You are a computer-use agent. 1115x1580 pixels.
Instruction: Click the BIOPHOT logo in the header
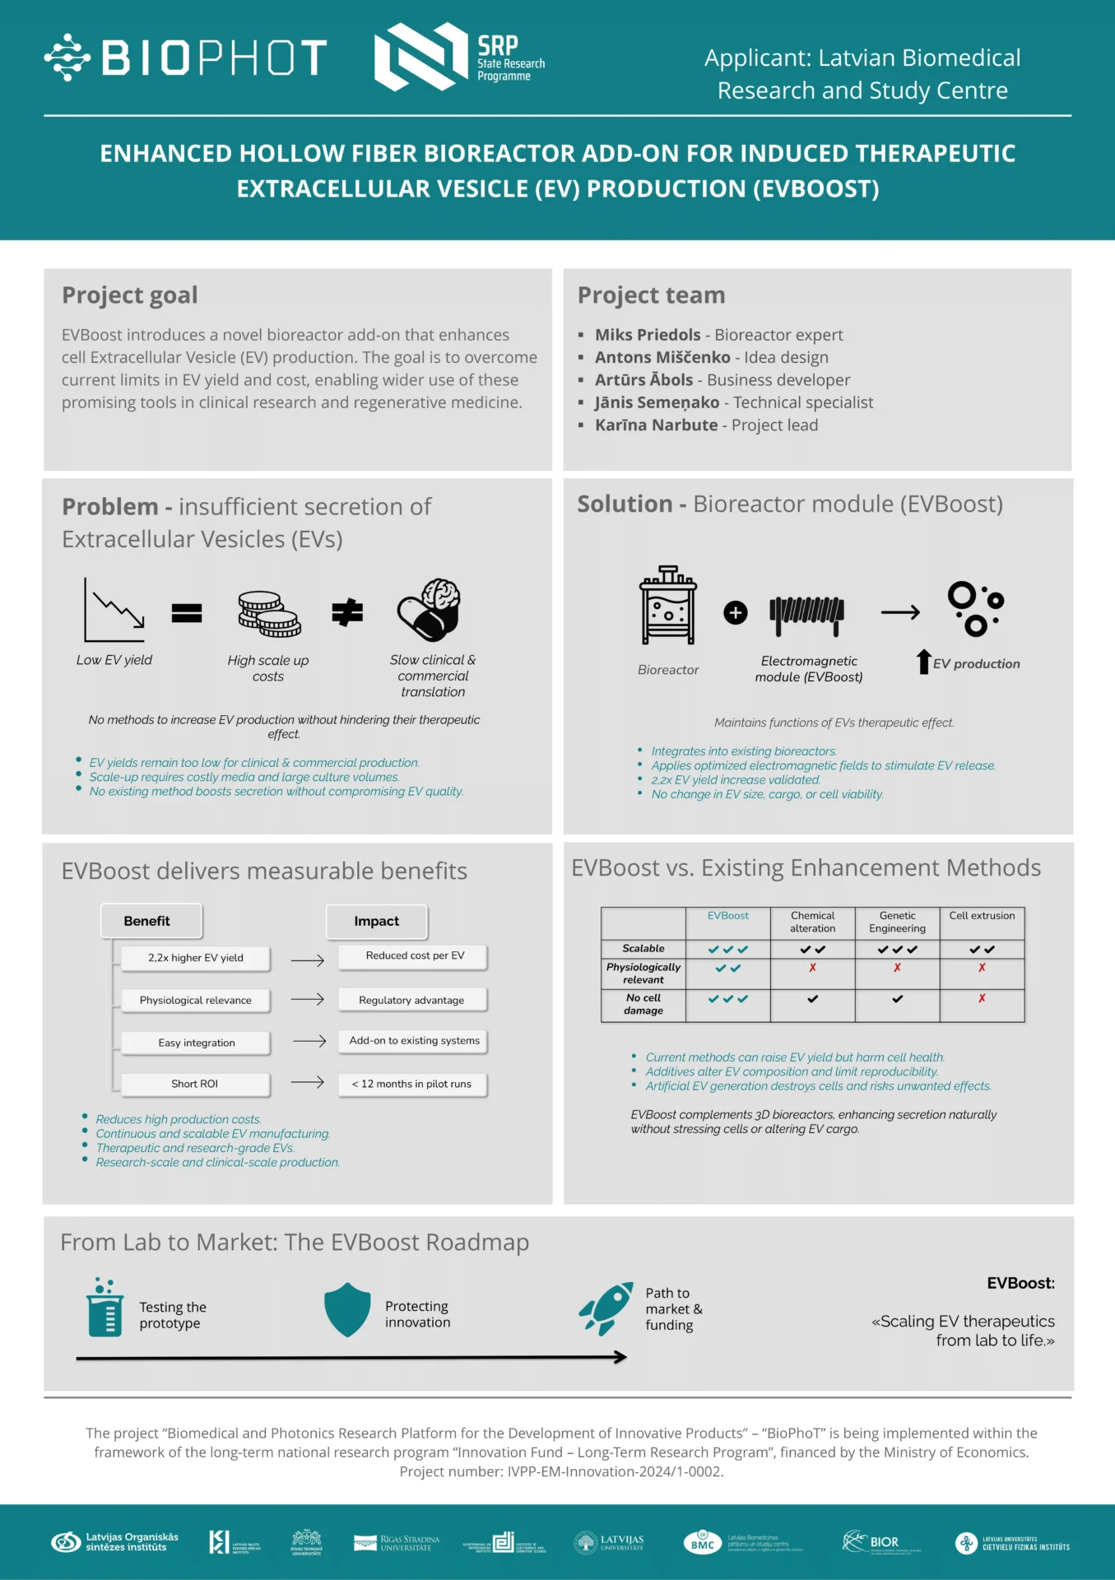(186, 58)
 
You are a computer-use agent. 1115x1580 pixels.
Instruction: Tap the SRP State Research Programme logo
(459, 57)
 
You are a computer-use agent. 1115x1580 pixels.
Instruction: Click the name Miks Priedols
(648, 335)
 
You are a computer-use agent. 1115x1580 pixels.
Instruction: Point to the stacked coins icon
(269, 614)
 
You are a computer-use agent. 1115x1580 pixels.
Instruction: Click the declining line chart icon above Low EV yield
(114, 610)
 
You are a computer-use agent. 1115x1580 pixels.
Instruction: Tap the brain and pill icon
(430, 610)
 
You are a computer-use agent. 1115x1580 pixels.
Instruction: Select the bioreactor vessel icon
(668, 606)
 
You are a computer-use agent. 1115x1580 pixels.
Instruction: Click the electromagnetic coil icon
(807, 614)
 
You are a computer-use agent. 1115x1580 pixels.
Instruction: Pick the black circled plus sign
(736, 612)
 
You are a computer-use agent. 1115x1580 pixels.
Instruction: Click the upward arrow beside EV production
(923, 662)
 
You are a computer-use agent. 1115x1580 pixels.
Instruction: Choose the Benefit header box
(151, 921)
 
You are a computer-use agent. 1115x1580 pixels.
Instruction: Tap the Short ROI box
(195, 1084)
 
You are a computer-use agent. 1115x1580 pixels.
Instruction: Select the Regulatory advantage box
(411, 1000)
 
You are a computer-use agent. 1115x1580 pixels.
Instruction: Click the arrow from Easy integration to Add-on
(309, 1041)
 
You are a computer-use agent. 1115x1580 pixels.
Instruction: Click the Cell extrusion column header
(982, 916)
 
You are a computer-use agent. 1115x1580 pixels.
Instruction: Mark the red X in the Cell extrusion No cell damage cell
(982, 998)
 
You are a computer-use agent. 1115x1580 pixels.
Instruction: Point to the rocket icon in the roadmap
(606, 1308)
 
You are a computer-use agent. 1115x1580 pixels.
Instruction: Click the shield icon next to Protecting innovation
(347, 1309)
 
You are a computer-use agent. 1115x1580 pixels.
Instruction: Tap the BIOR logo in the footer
(872, 1541)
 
